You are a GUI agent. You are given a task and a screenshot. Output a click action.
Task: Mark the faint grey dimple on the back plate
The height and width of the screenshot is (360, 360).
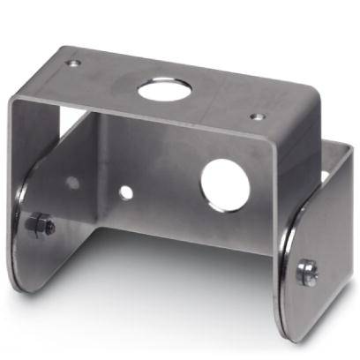(72, 184)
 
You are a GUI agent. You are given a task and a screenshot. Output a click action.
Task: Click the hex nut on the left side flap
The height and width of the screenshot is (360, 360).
(40, 226)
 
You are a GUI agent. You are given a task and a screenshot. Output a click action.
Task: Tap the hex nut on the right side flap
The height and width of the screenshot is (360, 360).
(308, 272)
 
